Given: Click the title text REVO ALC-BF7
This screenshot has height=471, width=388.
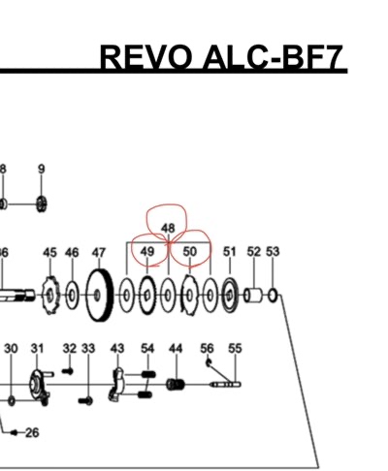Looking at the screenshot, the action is [x=221, y=57].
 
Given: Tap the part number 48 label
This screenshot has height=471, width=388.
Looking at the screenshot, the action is [x=168, y=229].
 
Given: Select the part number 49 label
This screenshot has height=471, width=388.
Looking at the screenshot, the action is [x=147, y=251].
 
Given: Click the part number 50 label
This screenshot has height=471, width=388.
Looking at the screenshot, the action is [x=190, y=251].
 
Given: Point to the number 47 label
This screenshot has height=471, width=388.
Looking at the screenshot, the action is [x=99, y=253].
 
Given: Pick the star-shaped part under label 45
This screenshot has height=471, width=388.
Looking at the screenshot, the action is [x=51, y=296].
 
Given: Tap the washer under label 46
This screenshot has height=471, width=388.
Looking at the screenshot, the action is [x=72, y=296].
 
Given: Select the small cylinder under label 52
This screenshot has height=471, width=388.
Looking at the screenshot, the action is [x=254, y=296].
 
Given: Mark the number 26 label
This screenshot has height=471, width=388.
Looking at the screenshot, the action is [x=32, y=432].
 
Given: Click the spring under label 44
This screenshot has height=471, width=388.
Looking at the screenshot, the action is [x=176, y=385].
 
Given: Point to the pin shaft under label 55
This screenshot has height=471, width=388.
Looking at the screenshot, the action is [x=225, y=385].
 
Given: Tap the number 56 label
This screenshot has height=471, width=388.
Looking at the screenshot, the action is [x=207, y=349].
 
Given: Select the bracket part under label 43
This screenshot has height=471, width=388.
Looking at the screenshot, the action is [x=115, y=385].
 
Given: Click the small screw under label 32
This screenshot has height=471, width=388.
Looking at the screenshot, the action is [x=68, y=371].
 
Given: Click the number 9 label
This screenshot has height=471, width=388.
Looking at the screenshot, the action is [x=42, y=169].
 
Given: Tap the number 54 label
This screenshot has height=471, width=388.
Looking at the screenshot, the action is [x=147, y=349].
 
